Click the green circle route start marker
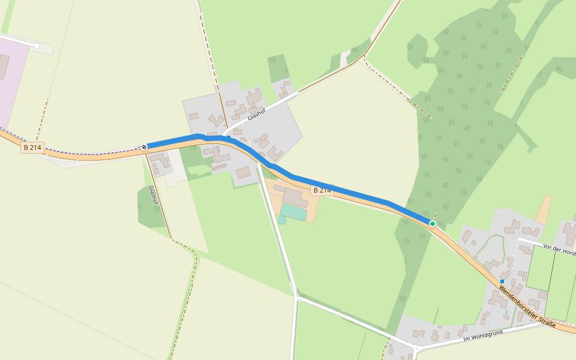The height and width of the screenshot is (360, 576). point(433,224)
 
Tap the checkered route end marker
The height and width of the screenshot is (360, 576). point(145,146)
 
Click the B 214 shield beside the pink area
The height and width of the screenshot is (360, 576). point(32,148)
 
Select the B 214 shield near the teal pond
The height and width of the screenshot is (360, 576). point(322,190)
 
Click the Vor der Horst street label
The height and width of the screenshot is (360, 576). point(558,249)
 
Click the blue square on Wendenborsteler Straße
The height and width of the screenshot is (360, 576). point(502,281)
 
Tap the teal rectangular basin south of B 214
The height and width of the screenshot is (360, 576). point(293,212)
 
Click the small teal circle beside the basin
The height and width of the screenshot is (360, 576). point(282,220)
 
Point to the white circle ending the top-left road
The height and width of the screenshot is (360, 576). point(37,46)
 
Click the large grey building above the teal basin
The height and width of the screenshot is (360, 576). point(295,197)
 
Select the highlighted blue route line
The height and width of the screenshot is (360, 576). point(336,188)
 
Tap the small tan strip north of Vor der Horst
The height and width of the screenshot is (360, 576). point(544,211)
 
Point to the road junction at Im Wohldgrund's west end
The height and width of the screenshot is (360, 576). point(415,347)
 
